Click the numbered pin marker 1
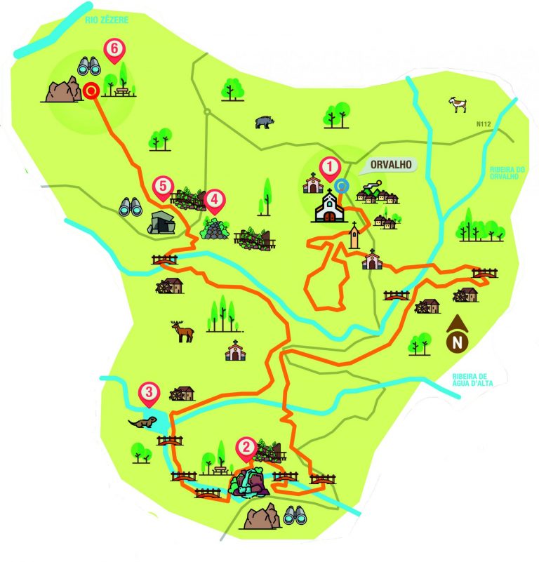click(328, 167)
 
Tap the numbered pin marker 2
click(246, 446)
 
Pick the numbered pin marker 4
click(214, 200)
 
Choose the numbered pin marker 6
click(113, 49)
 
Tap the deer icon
click(184, 330)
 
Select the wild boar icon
click(265, 121)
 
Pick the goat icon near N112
click(458, 105)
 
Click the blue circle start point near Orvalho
click(342, 185)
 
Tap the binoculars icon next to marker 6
click(88, 66)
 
